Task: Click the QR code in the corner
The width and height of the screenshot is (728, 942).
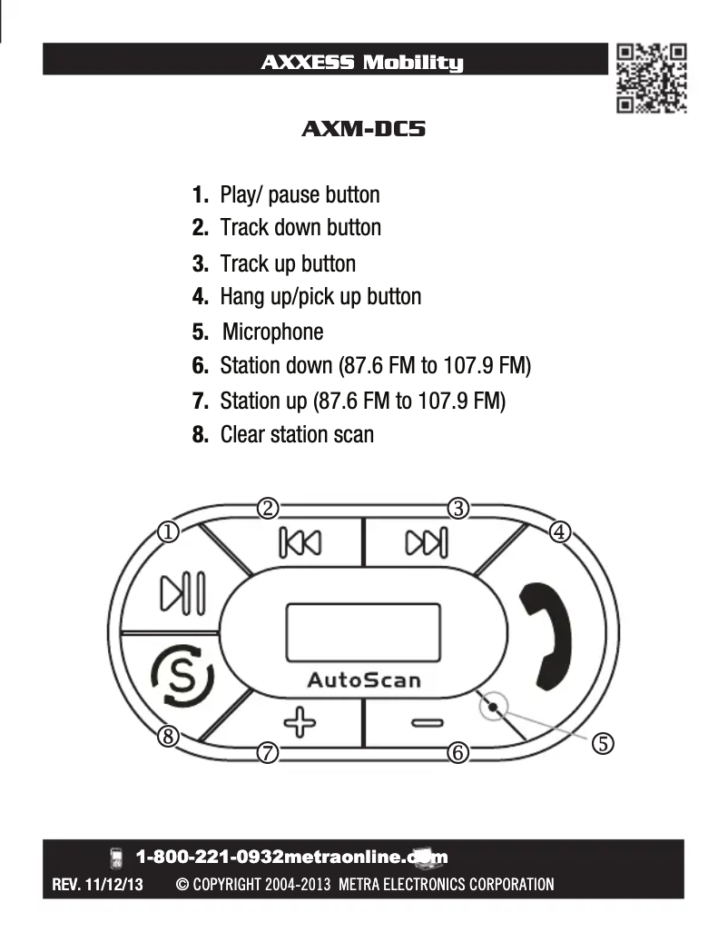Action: [x=651, y=78]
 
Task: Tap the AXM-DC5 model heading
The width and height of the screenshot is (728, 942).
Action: [x=363, y=129]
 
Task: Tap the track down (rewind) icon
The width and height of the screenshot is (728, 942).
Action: [x=300, y=542]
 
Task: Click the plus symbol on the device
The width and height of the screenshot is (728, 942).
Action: [x=300, y=723]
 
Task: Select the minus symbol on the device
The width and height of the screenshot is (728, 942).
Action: [x=427, y=723]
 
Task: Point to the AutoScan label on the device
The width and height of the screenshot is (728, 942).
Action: [x=363, y=679]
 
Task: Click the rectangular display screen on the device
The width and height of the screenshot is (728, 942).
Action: [x=363, y=635]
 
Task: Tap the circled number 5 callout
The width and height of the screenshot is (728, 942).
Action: [x=604, y=743]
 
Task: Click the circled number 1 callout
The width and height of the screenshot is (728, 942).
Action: [x=168, y=532]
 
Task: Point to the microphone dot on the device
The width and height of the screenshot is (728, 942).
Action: [x=491, y=707]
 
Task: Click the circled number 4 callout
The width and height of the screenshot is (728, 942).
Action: [x=560, y=532]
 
